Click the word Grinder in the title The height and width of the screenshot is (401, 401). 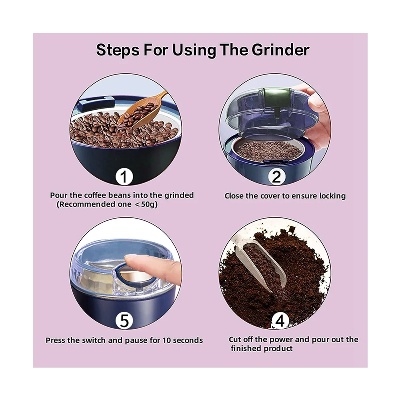pyautogui.click(x=280, y=50)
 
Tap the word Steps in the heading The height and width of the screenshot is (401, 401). pyautogui.click(x=118, y=50)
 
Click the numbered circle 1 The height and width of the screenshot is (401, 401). pyautogui.click(x=124, y=177)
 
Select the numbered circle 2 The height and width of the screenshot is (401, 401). pyautogui.click(x=276, y=177)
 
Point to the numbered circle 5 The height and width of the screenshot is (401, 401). pyautogui.click(x=124, y=320)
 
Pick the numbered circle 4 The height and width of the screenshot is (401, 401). pyautogui.click(x=280, y=320)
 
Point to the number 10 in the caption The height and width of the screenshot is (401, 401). pyautogui.click(x=167, y=340)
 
